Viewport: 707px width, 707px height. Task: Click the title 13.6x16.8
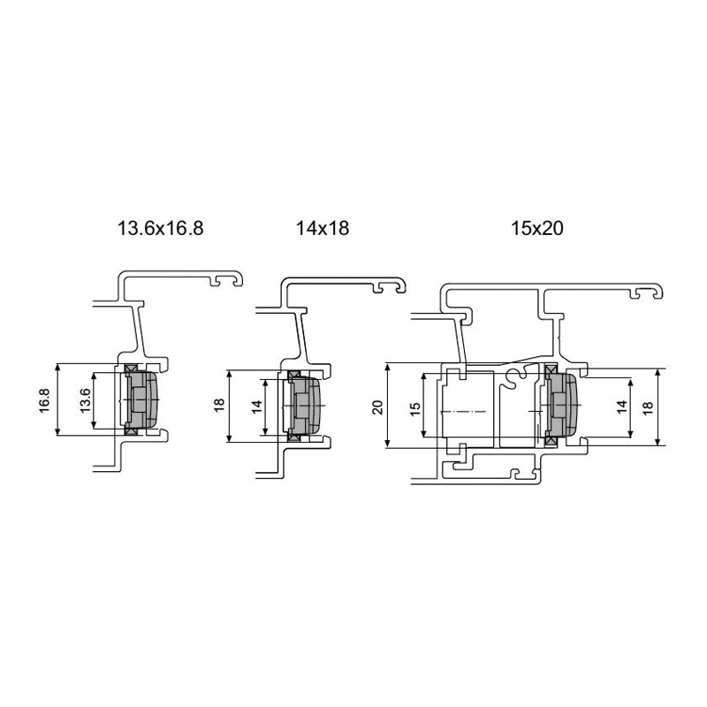(161, 228)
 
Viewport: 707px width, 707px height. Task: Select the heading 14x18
(323, 228)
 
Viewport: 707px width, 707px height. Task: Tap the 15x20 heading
(536, 228)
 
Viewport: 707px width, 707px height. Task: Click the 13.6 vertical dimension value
(84, 400)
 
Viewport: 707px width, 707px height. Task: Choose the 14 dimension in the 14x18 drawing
(256, 407)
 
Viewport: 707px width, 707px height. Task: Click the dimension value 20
(378, 407)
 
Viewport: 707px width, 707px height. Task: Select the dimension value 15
(415, 407)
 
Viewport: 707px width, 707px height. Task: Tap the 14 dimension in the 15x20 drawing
(622, 407)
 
